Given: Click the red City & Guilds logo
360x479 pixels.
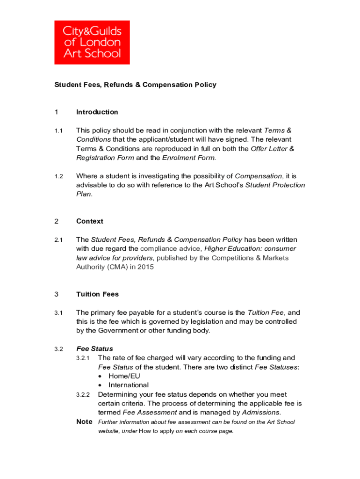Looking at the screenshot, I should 92,42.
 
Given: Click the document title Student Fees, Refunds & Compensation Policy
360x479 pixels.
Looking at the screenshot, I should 135,85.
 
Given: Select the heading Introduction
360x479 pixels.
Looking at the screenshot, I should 97,112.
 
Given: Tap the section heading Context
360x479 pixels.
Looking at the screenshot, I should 90,221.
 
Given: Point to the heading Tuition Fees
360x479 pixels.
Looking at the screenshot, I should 97,294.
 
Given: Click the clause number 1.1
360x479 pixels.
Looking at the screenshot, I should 58,131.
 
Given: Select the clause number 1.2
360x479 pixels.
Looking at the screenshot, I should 58,176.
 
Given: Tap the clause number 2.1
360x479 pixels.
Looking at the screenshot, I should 58,239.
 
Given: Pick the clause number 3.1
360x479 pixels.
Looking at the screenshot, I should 58,312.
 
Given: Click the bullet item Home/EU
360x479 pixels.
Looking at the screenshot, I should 124,376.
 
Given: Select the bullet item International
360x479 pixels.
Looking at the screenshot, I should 129,385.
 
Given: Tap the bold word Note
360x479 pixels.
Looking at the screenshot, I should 84,421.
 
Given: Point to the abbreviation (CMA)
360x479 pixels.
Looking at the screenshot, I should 121,267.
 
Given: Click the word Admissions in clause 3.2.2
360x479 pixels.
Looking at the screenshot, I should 260,412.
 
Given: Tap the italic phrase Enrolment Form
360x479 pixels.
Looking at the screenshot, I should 189,158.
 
